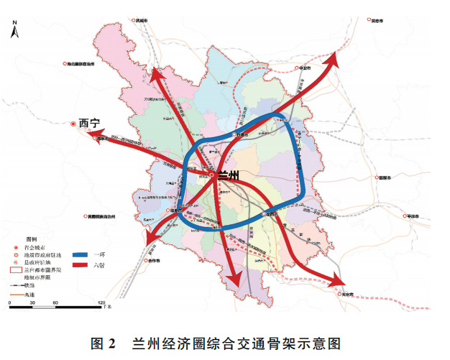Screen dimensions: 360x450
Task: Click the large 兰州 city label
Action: pos(229,175)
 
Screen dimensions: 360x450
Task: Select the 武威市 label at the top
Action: pos(141,22)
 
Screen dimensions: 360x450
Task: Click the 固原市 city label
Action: pos(389,177)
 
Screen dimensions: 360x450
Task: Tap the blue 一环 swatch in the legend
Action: pos(81,254)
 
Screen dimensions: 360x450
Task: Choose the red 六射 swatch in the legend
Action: pos(81,265)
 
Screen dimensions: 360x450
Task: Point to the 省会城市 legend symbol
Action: pos(14,246)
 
